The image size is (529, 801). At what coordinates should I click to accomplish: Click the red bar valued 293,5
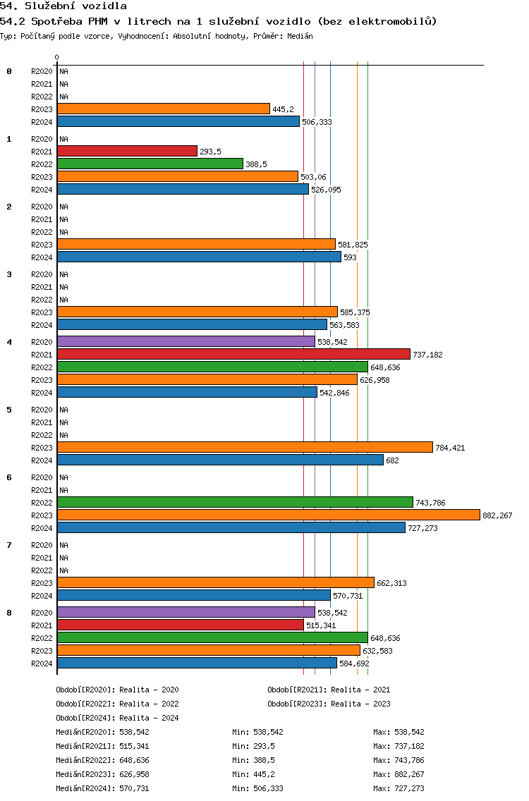(x=127, y=151)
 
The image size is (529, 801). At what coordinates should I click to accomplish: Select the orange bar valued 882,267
(x=269, y=515)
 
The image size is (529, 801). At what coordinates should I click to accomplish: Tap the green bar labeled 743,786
(x=235, y=502)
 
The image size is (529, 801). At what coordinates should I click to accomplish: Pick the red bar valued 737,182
(x=233, y=354)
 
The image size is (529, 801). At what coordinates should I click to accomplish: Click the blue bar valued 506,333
(x=178, y=121)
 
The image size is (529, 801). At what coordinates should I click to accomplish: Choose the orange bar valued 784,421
(x=245, y=447)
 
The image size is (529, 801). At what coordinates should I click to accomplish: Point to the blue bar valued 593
(x=200, y=257)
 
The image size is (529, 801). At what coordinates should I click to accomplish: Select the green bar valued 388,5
(x=150, y=164)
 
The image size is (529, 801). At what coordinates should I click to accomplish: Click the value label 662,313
(x=391, y=583)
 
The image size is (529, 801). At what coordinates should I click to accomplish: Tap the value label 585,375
(x=355, y=312)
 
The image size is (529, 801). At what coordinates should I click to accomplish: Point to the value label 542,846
(x=335, y=393)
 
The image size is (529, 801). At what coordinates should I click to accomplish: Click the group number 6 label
(x=9, y=477)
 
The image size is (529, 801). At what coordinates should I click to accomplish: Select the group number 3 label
(x=9, y=274)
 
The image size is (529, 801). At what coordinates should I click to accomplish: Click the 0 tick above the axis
(x=56, y=57)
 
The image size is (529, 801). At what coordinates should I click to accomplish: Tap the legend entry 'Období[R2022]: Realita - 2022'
(x=118, y=704)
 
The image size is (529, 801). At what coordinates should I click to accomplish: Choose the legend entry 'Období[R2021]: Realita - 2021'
(x=329, y=690)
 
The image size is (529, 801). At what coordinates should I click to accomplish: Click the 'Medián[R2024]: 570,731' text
(x=103, y=788)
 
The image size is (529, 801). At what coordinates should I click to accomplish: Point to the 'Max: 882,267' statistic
(x=399, y=774)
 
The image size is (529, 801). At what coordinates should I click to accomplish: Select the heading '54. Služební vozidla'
(x=63, y=6)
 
